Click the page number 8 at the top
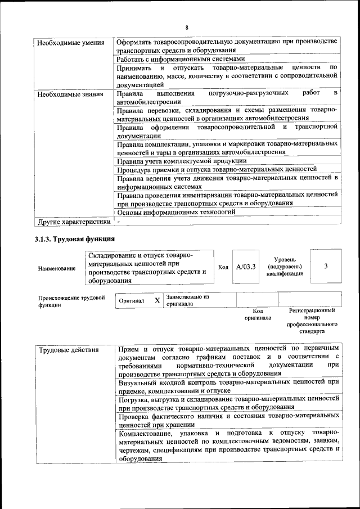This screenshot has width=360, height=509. pyautogui.click(x=187, y=27)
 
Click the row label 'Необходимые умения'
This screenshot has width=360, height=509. pyautogui.click(x=70, y=43)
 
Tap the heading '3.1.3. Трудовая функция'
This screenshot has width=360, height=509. pyautogui.click(x=75, y=240)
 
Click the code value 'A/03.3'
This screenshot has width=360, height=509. pyautogui.click(x=246, y=267)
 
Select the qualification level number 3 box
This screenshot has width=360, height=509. pyautogui.click(x=326, y=267)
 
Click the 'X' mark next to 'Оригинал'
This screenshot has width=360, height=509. pyautogui.click(x=157, y=300)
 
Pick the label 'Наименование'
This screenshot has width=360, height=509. pyautogui.click(x=57, y=268)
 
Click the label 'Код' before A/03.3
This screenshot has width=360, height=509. pyautogui.click(x=223, y=267)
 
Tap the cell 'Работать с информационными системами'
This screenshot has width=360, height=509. pyautogui.click(x=181, y=58)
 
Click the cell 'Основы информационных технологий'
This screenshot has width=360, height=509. pyautogui.click(x=176, y=212)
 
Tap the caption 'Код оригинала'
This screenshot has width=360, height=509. pyautogui.click(x=258, y=314)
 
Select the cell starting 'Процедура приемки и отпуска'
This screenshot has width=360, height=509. pyautogui.click(x=217, y=169)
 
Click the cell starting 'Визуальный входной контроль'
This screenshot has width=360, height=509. pyautogui.click(x=228, y=385)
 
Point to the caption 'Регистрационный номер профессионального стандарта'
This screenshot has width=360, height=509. pyautogui.click(x=312, y=321)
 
